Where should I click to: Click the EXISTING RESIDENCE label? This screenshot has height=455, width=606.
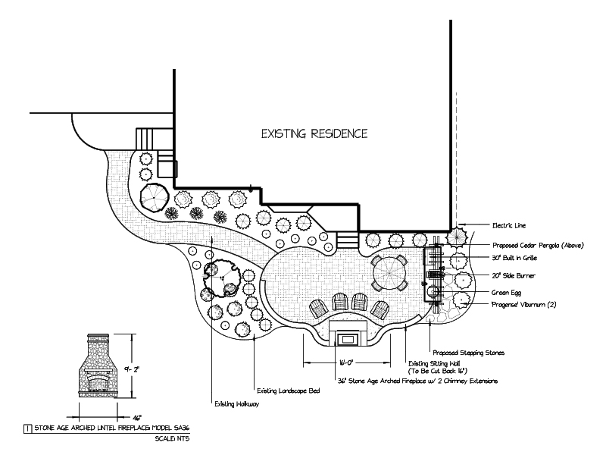(314, 134)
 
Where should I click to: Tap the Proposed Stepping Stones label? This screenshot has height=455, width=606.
(468, 353)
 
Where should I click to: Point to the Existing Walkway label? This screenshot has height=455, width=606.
(236, 403)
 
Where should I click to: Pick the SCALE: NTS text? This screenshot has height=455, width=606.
(170, 439)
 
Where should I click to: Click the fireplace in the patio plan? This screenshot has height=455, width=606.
(348, 334)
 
